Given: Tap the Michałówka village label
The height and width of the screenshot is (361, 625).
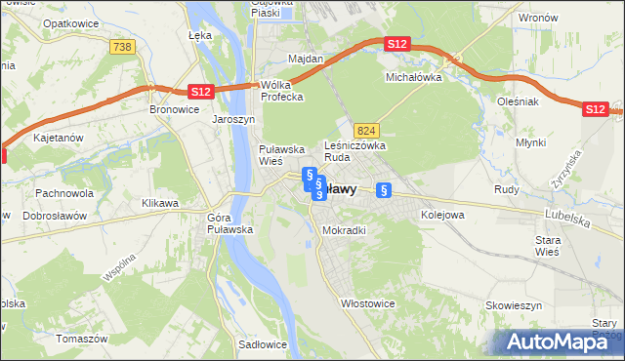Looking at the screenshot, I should pyautogui.click(x=414, y=76).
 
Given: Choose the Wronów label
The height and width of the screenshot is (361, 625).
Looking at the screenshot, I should pyautogui.click(x=538, y=18).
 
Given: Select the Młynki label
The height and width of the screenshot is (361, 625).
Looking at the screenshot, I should pyautogui.click(x=532, y=142).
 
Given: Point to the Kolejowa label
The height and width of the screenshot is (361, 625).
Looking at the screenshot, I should pyautogui.click(x=442, y=214).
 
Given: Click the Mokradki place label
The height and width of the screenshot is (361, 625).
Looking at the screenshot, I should pyautogui.click(x=344, y=230).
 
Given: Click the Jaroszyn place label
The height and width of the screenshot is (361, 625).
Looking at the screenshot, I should pyautogui.click(x=233, y=119).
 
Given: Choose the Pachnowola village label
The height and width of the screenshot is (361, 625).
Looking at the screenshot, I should pyautogui.click(x=64, y=193).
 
